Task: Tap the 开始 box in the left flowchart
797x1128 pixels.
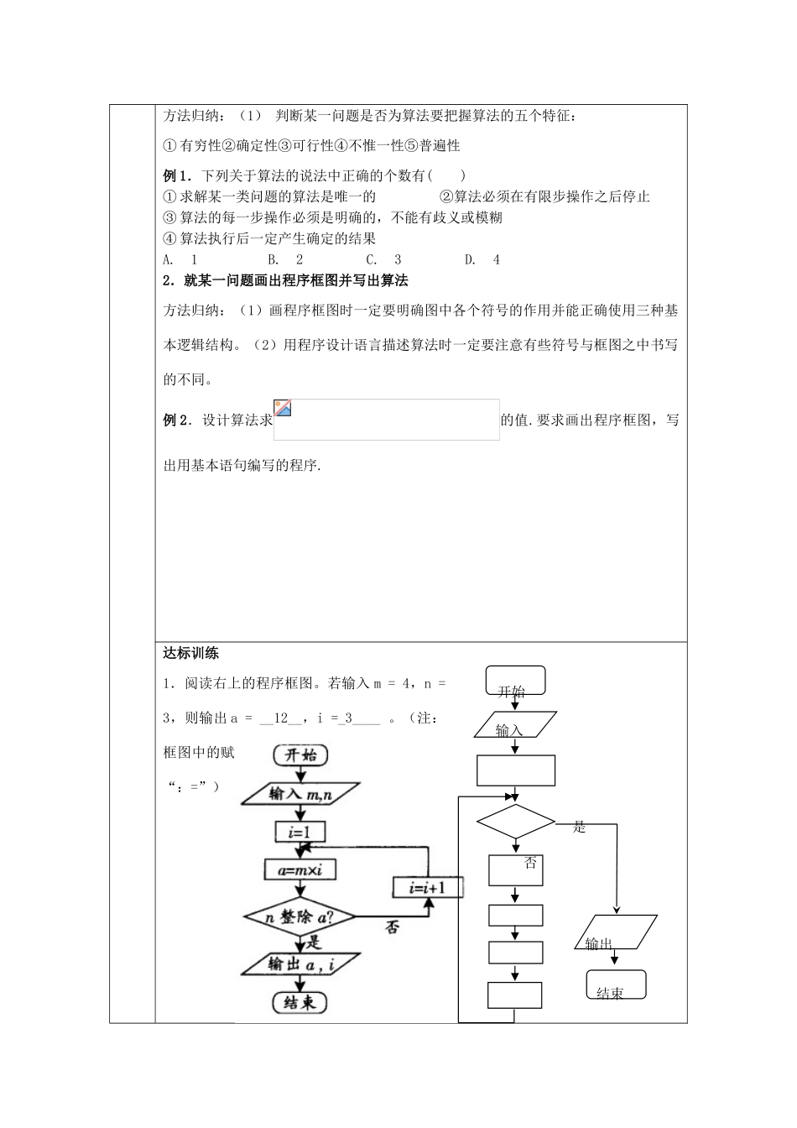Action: click(x=299, y=755)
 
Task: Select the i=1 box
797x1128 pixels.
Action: click(x=300, y=832)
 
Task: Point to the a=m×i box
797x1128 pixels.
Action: click(x=300, y=869)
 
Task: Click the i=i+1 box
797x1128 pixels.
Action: click(x=427, y=888)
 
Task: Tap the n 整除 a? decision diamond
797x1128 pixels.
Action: click(x=300, y=917)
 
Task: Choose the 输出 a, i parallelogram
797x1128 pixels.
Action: click(x=300, y=964)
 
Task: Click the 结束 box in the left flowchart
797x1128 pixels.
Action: click(x=300, y=1002)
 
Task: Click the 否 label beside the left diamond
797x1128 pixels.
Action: click(x=391, y=927)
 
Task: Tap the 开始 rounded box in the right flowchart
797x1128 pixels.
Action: click(x=515, y=681)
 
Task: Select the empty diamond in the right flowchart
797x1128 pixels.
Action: click(x=515, y=821)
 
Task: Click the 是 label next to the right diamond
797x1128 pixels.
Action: click(x=579, y=828)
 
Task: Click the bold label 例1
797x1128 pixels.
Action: click(x=176, y=176)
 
